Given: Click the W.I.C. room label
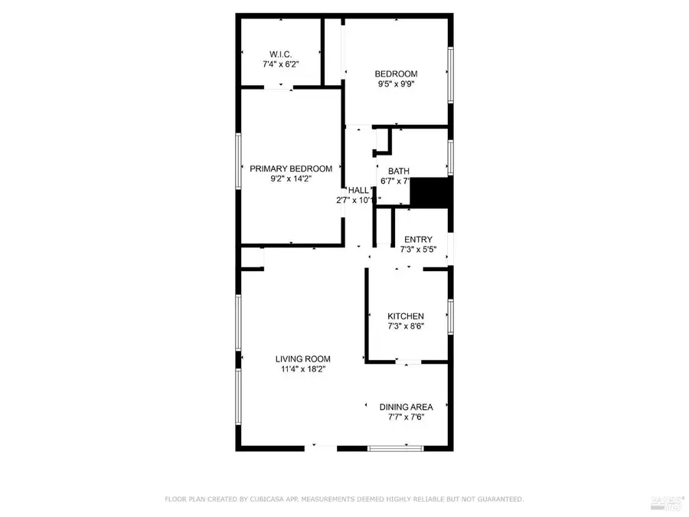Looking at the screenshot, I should pyautogui.click(x=278, y=54).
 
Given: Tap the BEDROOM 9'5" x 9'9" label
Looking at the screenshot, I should pyautogui.click(x=396, y=74).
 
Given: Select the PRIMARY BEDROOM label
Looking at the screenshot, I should pyautogui.click(x=291, y=169).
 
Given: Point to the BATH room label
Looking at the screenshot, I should pyautogui.click(x=398, y=171).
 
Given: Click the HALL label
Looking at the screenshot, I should pyautogui.click(x=358, y=190).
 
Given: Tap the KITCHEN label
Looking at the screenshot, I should pyautogui.click(x=405, y=316).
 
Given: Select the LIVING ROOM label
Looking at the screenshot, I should pyautogui.click(x=303, y=358).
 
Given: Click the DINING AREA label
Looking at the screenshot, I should pyautogui.click(x=406, y=407).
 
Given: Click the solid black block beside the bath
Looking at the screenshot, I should pyautogui.click(x=429, y=192).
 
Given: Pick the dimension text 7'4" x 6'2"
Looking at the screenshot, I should pyautogui.click(x=278, y=64).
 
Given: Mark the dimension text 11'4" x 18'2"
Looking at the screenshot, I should pyautogui.click(x=303, y=369).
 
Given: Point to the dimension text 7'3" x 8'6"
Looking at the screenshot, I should pyautogui.click(x=405, y=326).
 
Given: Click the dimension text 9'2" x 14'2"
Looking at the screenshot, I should pyautogui.click(x=291, y=179).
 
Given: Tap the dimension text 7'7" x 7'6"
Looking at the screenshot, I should pyautogui.click(x=406, y=417).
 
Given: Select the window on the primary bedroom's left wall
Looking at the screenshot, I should pyautogui.click(x=239, y=160).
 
